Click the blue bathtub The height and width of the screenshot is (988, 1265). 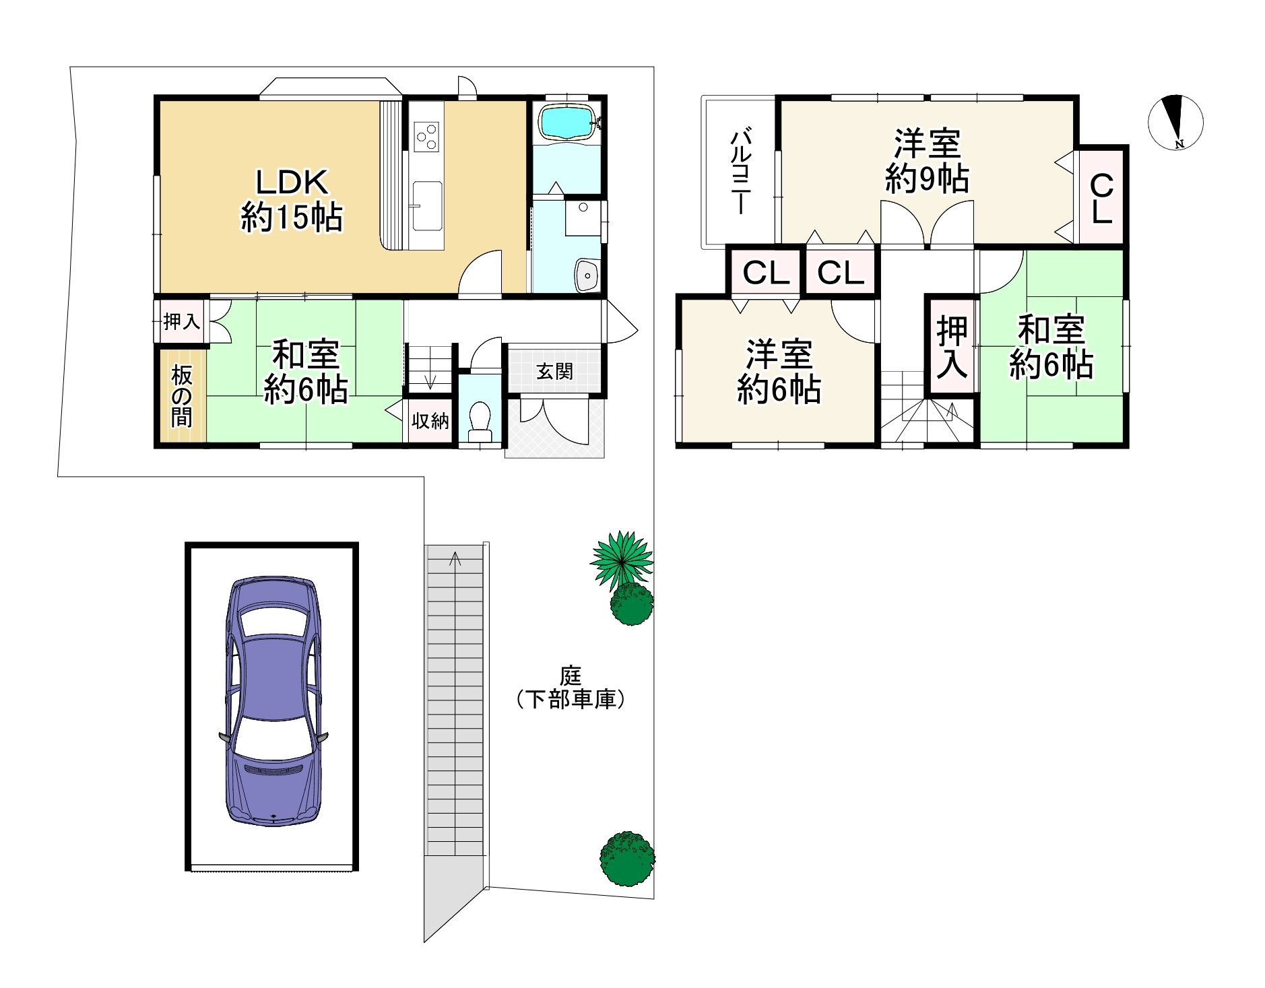click(566, 122)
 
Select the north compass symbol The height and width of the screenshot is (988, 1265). click(1175, 121)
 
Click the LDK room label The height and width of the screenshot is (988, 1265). click(292, 199)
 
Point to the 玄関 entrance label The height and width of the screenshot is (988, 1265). click(555, 371)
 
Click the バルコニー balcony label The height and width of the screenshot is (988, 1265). click(742, 172)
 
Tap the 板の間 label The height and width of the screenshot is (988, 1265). click(181, 397)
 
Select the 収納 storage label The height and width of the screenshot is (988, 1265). click(430, 422)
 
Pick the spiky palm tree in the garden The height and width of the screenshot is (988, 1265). click(622, 558)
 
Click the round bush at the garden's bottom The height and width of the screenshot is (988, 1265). click(627, 858)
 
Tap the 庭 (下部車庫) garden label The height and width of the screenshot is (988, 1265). click(571, 688)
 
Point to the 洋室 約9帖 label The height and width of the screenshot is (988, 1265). click(927, 161)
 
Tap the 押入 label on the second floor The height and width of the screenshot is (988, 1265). click(952, 347)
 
